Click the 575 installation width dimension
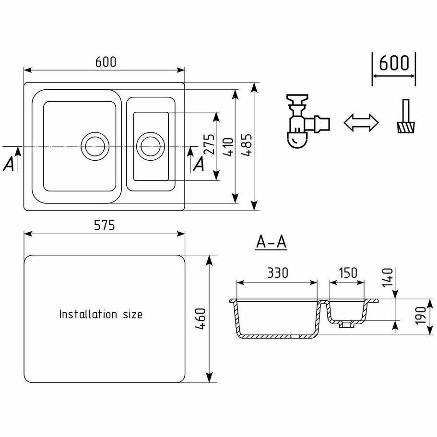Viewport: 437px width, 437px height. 104,225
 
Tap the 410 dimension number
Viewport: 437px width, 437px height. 228,147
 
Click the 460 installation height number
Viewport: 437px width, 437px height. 201,318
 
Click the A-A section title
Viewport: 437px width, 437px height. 271,243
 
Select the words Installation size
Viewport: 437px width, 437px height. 101,314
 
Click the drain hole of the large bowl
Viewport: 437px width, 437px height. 94,145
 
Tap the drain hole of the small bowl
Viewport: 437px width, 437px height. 150,145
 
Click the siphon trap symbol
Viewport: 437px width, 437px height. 305,122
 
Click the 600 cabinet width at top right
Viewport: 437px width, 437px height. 394,63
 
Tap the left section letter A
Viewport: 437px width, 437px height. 9,165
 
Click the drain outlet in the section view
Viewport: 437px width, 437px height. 344,325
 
